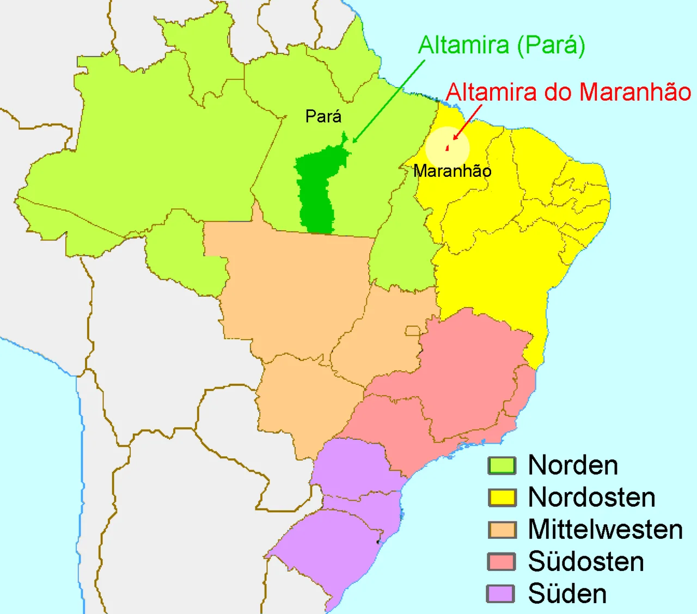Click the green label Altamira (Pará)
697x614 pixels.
click(x=501, y=45)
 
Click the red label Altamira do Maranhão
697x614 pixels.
click(x=568, y=92)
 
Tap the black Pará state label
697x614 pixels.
click(x=323, y=116)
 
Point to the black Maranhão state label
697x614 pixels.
click(x=452, y=171)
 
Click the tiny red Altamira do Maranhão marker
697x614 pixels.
click(x=448, y=147)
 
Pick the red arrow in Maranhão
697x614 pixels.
click(x=467, y=121)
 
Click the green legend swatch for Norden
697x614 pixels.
click(x=502, y=465)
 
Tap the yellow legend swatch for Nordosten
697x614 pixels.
click(x=502, y=498)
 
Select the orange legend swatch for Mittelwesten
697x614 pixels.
click(x=502, y=530)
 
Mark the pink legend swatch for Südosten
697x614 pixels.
click(x=502, y=562)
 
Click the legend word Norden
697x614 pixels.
click(x=573, y=465)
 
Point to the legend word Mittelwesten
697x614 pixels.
click(x=605, y=530)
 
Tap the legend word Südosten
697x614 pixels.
click(x=586, y=562)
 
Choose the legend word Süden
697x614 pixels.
click(x=567, y=594)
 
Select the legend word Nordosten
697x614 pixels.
click(x=591, y=498)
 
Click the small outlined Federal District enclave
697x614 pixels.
click(x=413, y=331)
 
